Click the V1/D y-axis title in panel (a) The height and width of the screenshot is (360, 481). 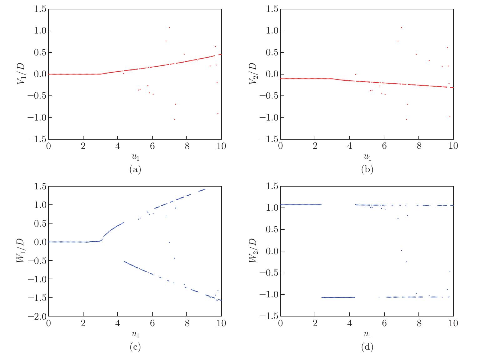click(x=21, y=74)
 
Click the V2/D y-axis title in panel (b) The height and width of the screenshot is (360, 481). click(x=253, y=74)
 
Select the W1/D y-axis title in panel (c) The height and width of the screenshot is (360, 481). click(x=21, y=251)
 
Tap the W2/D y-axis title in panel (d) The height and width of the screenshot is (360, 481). click(x=253, y=251)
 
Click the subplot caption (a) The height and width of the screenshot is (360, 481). click(x=135, y=170)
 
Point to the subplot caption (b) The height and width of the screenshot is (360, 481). click(x=367, y=170)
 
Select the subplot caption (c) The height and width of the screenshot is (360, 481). click(x=135, y=347)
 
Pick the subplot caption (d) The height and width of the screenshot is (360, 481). click(x=367, y=347)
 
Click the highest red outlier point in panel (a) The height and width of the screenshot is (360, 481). click(x=170, y=28)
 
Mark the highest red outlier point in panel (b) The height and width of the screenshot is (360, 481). click(x=402, y=28)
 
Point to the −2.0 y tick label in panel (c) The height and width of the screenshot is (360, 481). click(x=37, y=316)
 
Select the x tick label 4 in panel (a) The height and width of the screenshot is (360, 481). click(x=118, y=146)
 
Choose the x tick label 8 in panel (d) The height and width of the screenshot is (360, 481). click(x=419, y=323)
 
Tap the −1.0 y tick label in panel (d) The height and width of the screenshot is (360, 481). click(x=269, y=295)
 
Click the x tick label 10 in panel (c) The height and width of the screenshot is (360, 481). click(x=221, y=323)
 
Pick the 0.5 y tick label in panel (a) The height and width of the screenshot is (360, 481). click(x=40, y=52)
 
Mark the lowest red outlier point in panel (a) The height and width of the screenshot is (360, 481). click(x=175, y=119)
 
